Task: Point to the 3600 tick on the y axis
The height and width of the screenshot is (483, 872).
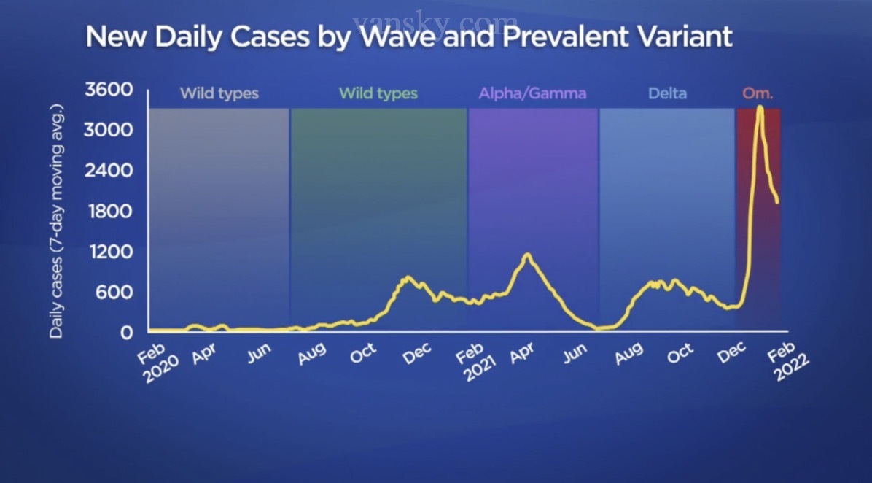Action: click(x=109, y=90)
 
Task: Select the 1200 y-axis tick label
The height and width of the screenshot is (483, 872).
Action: click(x=109, y=252)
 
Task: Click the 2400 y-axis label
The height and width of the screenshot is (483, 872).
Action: click(x=109, y=171)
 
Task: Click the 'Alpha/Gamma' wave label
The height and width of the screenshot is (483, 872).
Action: click(x=532, y=94)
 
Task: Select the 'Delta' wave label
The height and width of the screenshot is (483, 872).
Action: click(x=666, y=94)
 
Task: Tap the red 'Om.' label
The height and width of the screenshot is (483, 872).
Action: click(x=758, y=94)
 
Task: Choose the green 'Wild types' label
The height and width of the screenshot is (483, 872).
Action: click(x=378, y=94)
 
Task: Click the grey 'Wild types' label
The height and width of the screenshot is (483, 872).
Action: click(x=219, y=94)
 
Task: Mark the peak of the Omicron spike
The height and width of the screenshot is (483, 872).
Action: click(x=760, y=107)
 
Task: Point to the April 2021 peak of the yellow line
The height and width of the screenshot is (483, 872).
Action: click(x=527, y=255)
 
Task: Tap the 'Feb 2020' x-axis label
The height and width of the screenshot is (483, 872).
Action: click(x=155, y=360)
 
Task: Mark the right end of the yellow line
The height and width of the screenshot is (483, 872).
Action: click(x=777, y=203)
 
